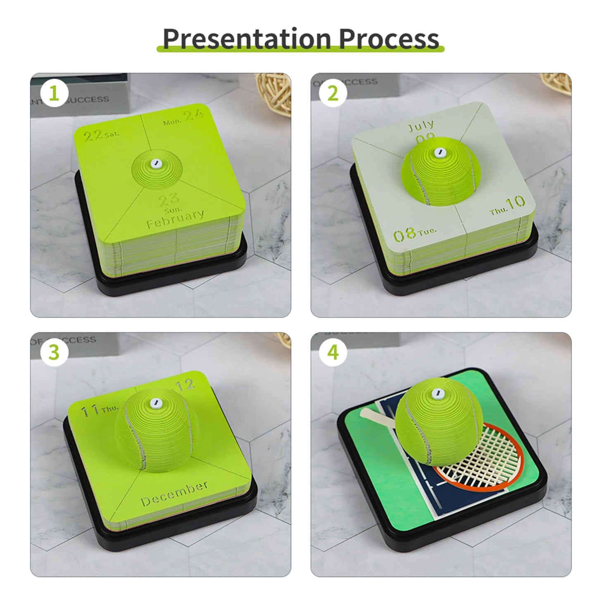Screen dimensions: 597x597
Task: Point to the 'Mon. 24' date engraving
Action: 183,118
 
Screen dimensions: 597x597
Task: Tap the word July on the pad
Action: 421,125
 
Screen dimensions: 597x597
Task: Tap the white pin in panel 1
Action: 156,163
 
